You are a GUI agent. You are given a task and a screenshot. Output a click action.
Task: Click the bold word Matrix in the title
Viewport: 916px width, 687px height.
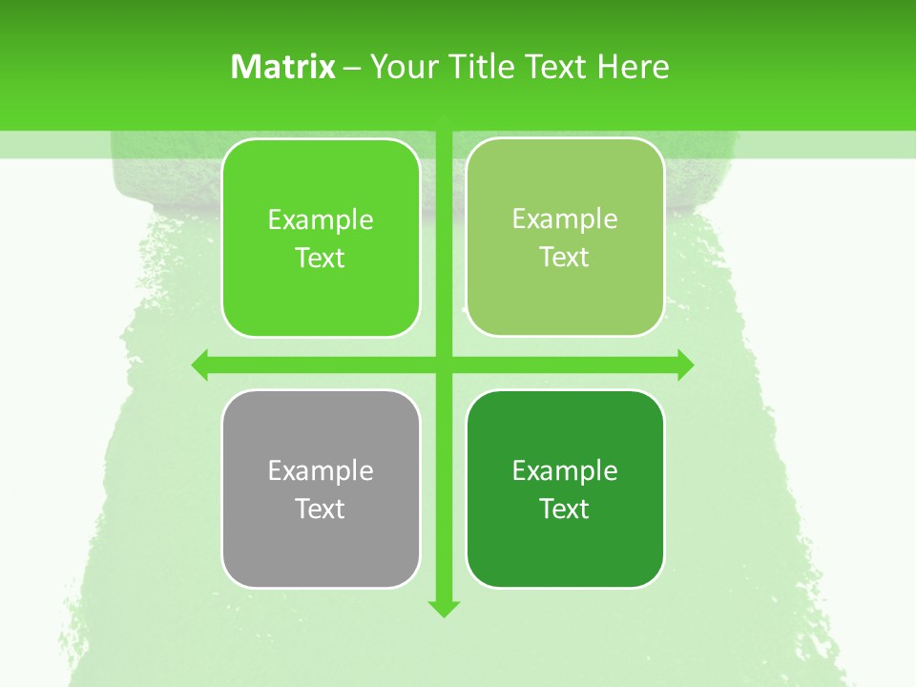coord(283,67)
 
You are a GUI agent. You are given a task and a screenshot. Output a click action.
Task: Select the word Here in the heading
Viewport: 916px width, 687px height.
coord(633,67)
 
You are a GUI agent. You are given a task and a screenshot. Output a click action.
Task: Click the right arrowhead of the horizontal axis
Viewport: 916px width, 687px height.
coord(685,364)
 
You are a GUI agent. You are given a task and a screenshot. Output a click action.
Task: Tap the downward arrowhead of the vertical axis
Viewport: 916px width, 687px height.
coord(444,608)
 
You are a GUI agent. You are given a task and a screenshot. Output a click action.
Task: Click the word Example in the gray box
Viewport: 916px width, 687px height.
coord(321,470)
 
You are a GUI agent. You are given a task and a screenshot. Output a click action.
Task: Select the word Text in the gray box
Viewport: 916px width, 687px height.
coord(321,509)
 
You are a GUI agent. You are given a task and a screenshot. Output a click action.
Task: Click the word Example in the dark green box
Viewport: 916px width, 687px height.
coord(565,470)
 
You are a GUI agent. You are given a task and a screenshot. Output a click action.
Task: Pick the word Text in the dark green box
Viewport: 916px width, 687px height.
coord(565,509)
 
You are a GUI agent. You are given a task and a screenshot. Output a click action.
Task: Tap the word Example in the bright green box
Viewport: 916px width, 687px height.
coord(321,219)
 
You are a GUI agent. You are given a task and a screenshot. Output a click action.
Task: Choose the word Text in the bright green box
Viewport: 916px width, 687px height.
coord(321,258)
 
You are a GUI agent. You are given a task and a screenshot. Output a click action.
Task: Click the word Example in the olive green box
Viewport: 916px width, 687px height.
coord(565,219)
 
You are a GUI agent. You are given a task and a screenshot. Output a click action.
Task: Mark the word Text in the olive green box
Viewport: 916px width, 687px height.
coord(565,257)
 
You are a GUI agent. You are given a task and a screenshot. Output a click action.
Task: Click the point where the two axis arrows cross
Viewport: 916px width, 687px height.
coord(444,364)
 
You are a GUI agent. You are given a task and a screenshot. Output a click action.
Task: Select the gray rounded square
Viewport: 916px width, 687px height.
coord(321,553)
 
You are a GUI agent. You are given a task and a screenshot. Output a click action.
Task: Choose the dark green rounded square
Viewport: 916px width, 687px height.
coord(565,553)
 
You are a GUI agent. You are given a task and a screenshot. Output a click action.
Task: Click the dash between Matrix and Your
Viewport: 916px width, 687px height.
coord(352,68)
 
